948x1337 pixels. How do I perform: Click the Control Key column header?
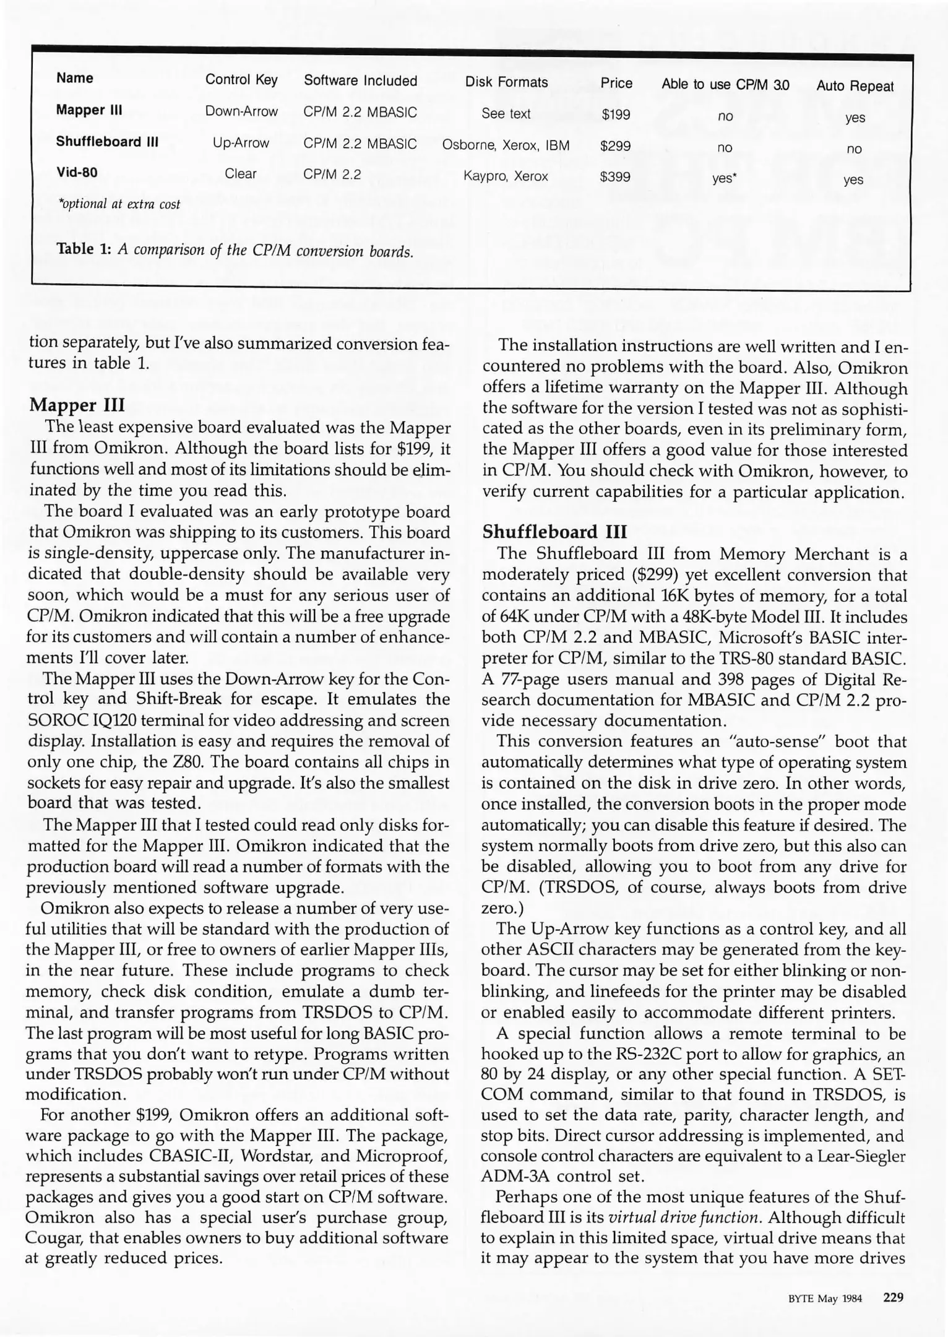pos(241,80)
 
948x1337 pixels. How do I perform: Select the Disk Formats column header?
pos(506,82)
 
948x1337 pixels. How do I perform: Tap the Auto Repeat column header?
pos(855,86)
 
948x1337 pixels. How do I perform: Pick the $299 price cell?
pos(615,146)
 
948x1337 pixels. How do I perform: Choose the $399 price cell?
pos(615,177)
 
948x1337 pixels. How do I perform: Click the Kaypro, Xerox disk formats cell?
pos(506,176)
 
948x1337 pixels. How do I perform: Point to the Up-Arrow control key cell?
pos(241,143)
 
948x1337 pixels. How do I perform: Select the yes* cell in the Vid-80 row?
pos(723,179)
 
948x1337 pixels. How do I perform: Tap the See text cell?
pos(506,114)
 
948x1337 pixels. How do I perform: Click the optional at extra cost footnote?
pos(119,204)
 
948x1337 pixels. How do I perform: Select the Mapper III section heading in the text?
pos(77,405)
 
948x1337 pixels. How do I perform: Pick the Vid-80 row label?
pos(77,172)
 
